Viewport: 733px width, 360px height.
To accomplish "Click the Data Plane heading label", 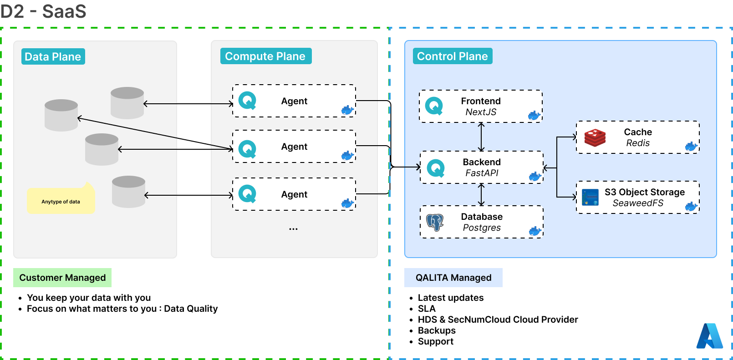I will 53,56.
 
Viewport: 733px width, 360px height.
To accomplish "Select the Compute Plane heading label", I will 265,56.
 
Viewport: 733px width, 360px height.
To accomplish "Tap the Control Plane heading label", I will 452,56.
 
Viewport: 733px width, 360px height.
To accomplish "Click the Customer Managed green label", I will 62,278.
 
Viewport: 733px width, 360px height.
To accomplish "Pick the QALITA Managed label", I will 453,278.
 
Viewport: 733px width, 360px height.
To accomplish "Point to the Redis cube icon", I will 595,137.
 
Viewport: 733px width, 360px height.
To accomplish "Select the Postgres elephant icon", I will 435,222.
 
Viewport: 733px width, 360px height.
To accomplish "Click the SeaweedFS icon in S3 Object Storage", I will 590,197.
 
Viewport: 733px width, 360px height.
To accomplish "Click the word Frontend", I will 481,101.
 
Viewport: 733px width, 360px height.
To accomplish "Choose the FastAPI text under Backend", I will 482,173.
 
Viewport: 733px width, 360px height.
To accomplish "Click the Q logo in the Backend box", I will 436,168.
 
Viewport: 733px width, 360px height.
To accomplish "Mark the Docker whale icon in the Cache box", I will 691,147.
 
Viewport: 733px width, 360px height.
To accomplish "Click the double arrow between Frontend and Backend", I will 481,137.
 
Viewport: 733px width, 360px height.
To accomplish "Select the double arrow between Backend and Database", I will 481,195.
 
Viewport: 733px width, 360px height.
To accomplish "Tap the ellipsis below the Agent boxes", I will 293,229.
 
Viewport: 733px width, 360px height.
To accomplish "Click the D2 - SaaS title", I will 43,11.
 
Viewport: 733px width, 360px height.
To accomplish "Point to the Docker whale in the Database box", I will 535,231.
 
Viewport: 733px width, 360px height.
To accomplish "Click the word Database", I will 482,217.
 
